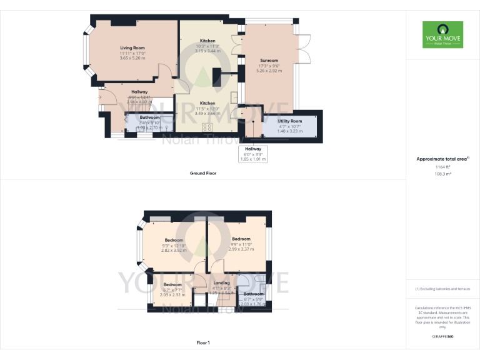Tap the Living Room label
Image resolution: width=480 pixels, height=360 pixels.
[132, 47]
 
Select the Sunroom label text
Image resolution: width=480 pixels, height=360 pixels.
[269, 60]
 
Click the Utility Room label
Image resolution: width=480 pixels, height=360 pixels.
[289, 121]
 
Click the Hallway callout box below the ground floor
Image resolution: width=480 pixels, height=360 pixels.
[252, 154]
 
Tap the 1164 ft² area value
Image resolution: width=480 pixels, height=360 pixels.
[442, 167]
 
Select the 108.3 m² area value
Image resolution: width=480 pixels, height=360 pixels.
[442, 174]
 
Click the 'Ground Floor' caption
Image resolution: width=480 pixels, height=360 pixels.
[203, 173]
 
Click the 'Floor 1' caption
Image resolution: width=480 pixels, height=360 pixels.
[203, 342]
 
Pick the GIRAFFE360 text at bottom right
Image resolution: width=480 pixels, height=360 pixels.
[442, 336]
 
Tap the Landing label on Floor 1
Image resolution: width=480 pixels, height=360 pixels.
[222, 282]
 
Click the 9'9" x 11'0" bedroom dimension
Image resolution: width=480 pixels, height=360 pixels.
[241, 244]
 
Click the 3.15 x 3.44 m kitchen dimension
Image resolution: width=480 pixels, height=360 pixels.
[207, 51]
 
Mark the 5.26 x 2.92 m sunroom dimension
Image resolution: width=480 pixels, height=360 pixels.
[269, 71]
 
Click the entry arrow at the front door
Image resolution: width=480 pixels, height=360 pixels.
[99, 97]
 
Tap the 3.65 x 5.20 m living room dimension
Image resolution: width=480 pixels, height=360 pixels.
[132, 58]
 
